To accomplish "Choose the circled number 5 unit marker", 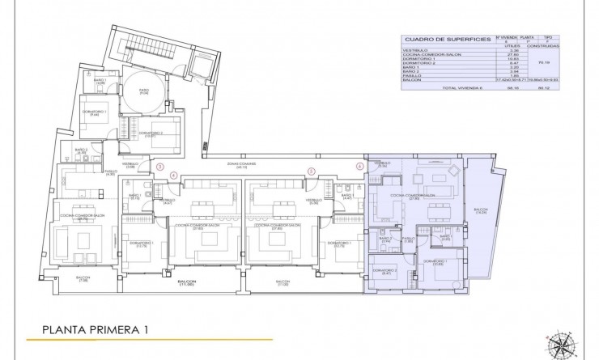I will click(x=311, y=171).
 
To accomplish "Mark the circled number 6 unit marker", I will click(x=359, y=167).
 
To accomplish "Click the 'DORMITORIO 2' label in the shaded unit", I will click(x=384, y=271).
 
